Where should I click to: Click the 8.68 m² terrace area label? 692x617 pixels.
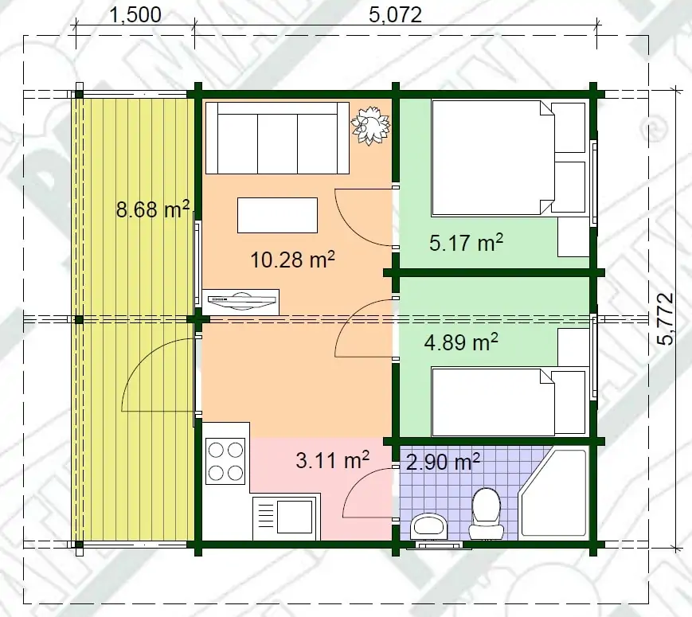153,209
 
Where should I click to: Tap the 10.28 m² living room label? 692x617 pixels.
292,260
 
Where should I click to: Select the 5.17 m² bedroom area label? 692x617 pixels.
466,243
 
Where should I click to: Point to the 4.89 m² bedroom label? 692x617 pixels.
461,342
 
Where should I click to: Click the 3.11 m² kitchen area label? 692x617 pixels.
332,461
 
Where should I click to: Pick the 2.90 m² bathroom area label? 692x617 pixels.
443,462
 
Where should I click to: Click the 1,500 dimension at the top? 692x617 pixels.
135,15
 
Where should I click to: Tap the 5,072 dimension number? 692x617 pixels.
396,15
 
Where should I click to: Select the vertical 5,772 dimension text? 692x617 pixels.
665,318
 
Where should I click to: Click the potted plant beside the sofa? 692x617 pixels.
370,125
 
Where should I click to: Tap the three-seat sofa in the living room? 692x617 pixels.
278,139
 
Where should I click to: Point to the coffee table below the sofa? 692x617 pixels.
278,216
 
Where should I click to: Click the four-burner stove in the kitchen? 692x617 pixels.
225,462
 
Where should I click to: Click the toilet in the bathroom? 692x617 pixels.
486,514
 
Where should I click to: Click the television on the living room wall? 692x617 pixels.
242,300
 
